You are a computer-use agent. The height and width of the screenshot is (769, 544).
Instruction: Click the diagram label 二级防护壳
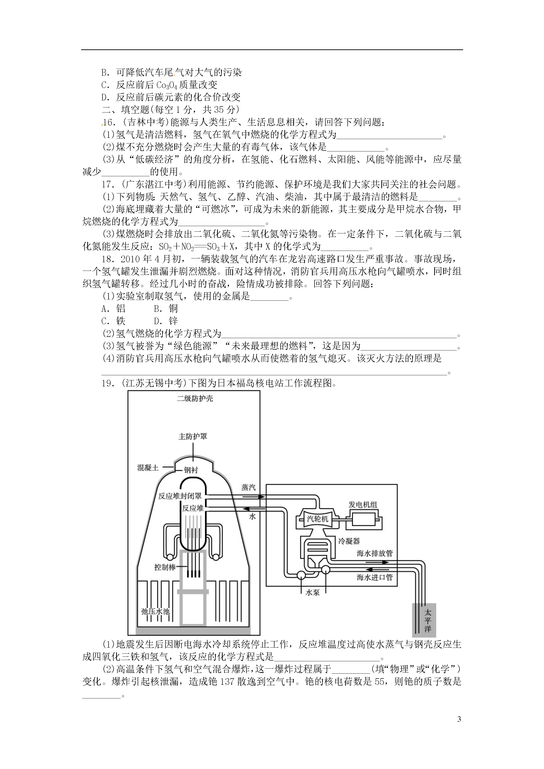pos(195,399)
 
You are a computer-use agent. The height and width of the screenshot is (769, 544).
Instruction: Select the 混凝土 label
pos(148,468)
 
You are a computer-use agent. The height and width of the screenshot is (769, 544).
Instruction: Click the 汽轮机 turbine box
pos(317,519)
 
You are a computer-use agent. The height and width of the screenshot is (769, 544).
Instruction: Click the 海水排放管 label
pos(374,553)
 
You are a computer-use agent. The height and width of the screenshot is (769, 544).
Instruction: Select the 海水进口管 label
pos(374,577)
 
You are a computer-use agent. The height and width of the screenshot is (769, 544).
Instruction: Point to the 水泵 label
pos(312,592)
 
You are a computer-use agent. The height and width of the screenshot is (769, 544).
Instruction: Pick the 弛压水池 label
pos(155,611)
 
